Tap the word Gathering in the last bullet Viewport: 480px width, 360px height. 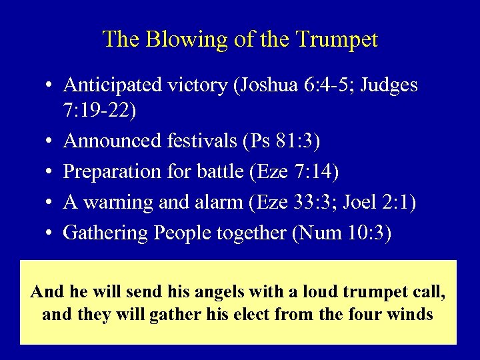[105, 233]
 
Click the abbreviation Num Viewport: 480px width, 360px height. [321, 233]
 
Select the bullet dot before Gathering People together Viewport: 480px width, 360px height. [51, 233]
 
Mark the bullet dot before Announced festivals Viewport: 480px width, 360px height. [51, 142]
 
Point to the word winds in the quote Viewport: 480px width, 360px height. [409, 313]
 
